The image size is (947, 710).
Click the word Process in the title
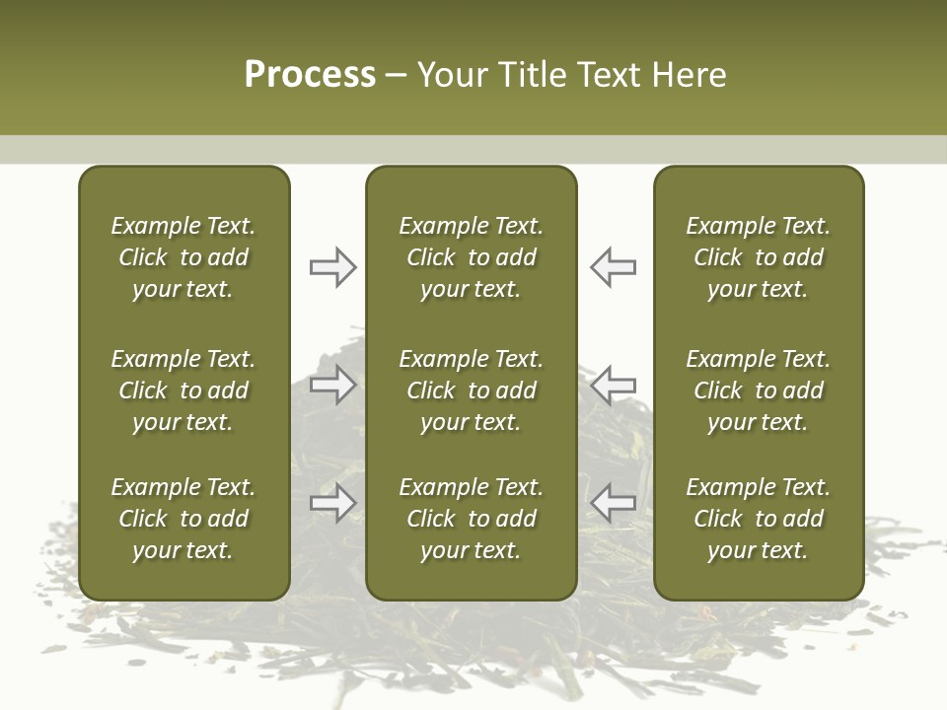[310, 75]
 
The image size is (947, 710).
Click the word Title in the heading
[531, 75]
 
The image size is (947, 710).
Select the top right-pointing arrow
[332, 267]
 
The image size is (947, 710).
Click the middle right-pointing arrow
[332, 385]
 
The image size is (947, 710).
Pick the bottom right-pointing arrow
[332, 504]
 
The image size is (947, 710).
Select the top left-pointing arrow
[613, 267]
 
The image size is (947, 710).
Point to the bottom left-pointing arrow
[613, 502]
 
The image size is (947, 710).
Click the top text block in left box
[183, 257]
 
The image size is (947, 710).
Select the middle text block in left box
[183, 390]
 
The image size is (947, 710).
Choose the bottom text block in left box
[183, 519]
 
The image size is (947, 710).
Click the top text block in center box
[472, 257]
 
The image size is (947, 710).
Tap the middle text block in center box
[472, 390]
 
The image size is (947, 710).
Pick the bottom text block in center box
[472, 519]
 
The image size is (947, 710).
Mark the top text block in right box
[759, 257]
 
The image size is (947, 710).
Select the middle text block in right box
[759, 390]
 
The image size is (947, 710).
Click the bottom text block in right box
[759, 519]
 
